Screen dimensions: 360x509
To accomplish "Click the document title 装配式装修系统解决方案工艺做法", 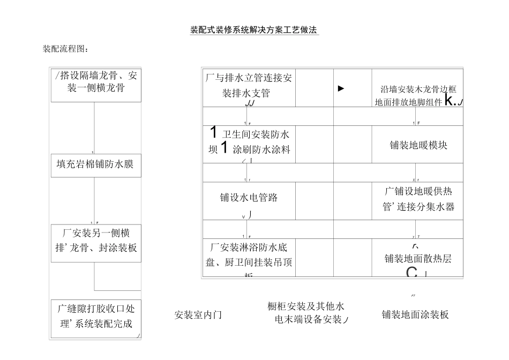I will point(254,30).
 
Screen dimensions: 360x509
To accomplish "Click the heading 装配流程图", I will point(65,49).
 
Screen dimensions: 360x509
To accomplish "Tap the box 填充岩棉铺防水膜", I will point(95,164).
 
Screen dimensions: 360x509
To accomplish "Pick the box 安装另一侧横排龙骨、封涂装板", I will point(95,242).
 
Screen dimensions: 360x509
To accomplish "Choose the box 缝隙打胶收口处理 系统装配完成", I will point(95,317).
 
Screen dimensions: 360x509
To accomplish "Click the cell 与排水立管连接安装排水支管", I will point(249,86).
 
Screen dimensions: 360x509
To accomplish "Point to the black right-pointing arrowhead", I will point(341,88).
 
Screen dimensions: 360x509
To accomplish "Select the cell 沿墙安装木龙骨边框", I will point(418,89).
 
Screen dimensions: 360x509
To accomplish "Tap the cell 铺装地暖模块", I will point(418,145).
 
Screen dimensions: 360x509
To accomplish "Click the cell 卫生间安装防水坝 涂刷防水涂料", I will point(249,142).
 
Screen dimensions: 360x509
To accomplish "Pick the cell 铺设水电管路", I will point(249,198).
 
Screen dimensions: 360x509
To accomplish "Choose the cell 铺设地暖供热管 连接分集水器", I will point(418,199).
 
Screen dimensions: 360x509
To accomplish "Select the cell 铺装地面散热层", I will point(418,259).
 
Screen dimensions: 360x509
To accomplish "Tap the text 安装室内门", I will point(198,315).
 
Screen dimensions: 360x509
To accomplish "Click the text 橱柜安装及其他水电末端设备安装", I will point(306,313).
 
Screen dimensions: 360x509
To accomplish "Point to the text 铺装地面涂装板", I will point(415,315).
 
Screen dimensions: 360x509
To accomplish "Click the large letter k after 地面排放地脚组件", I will point(450,100).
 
